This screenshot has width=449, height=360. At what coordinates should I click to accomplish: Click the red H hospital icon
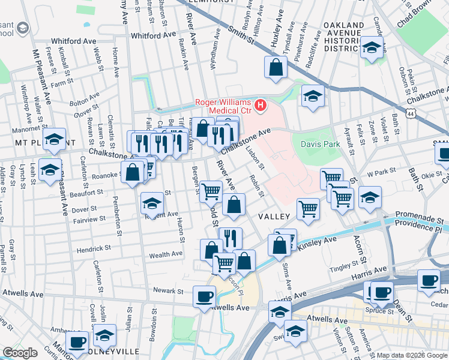pos(260,106)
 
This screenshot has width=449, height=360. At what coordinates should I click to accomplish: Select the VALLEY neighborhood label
pos(274,216)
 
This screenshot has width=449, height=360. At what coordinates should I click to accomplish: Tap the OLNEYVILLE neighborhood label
pos(118,350)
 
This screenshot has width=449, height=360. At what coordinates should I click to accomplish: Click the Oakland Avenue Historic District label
pos(343,37)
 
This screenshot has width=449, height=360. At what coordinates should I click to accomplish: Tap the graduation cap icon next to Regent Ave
pos(152,203)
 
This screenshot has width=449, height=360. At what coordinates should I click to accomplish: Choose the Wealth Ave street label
pos(166,254)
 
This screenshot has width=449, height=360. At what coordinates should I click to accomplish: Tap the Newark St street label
pos(167,290)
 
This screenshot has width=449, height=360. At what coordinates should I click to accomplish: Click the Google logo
pos(20,353)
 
